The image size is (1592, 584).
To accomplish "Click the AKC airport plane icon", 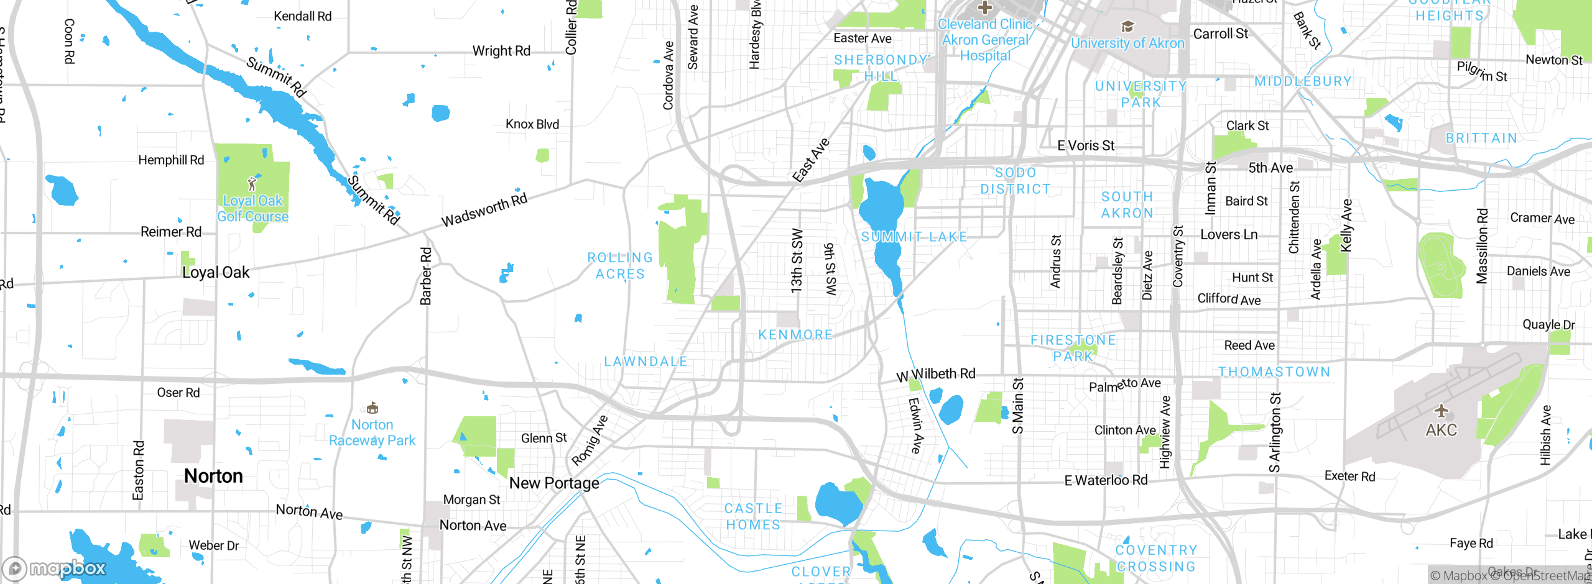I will click(1442, 411).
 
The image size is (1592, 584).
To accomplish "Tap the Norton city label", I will click(213, 476).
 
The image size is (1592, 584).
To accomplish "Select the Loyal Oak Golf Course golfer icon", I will click(252, 184).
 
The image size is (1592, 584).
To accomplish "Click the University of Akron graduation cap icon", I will click(1127, 27).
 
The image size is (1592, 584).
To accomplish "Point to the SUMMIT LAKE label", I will click(914, 237).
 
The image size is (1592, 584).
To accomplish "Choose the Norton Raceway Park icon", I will click(372, 408).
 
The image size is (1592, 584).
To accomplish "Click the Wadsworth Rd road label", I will click(484, 210).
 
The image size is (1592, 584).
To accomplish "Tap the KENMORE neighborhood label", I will click(795, 335).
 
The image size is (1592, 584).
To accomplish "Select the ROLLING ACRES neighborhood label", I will click(620, 266).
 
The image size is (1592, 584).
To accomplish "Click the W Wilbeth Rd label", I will click(936, 375).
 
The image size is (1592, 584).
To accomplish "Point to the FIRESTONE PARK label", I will click(1073, 348).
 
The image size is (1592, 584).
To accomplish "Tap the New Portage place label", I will click(554, 483).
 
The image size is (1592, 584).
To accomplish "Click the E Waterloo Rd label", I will click(1106, 480).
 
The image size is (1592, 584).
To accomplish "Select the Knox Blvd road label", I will click(532, 124).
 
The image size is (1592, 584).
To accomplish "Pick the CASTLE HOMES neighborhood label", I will click(753, 517).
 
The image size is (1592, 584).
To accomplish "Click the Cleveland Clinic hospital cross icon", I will click(984, 8).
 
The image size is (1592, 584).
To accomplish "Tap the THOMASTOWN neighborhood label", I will click(1274, 372).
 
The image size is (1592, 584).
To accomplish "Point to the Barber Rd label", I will click(426, 276).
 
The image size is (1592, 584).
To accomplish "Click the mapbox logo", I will click(55, 568).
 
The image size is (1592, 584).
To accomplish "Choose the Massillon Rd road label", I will click(1483, 247).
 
